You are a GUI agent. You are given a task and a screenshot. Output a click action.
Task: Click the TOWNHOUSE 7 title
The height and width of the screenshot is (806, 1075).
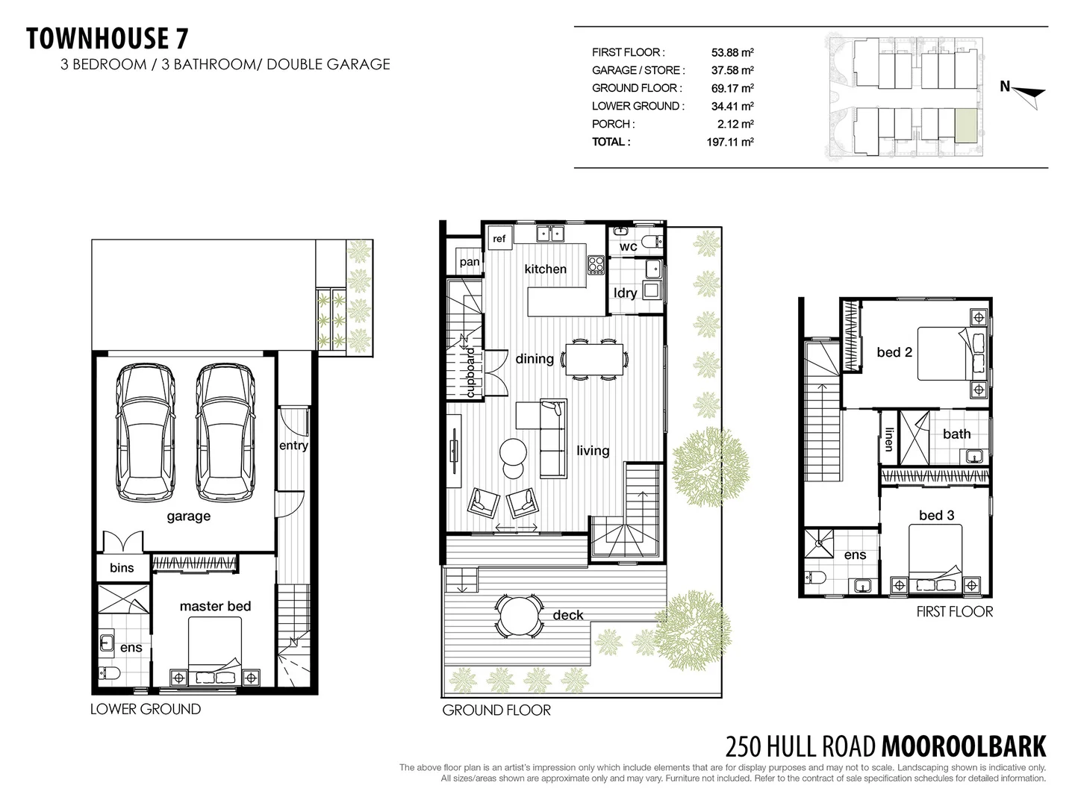(x=107, y=39)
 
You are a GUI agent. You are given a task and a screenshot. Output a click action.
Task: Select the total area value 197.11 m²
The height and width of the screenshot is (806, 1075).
(x=729, y=142)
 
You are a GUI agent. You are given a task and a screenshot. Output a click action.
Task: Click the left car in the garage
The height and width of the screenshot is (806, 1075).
(x=146, y=433)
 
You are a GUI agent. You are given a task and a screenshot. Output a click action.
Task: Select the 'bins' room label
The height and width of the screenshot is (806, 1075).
(x=122, y=568)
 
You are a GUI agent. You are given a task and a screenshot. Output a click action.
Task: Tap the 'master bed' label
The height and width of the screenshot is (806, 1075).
(x=215, y=606)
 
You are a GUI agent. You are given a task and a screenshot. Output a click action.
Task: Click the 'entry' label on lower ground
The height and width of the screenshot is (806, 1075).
(x=293, y=446)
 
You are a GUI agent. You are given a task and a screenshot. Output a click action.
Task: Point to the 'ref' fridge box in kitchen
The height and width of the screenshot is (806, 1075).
(x=499, y=239)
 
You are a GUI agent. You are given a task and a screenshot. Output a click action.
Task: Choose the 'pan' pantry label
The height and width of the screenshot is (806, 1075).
(x=470, y=262)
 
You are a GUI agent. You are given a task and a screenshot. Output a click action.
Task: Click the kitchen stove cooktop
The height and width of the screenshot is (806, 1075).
(x=596, y=264)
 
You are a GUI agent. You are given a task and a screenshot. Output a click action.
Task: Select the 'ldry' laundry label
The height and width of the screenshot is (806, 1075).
(x=625, y=293)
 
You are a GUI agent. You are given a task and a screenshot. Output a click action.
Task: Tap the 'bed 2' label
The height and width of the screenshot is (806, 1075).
(x=894, y=352)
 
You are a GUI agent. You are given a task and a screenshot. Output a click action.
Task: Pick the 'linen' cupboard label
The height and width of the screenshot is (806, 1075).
(x=888, y=439)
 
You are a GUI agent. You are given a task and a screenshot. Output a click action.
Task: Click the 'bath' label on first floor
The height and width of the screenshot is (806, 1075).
(x=956, y=434)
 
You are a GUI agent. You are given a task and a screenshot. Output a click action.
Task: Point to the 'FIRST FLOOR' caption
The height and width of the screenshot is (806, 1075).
(x=954, y=612)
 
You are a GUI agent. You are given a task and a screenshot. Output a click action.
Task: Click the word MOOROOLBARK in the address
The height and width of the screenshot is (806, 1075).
(x=964, y=746)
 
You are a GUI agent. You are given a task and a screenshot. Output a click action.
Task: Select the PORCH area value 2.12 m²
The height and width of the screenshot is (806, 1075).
(x=735, y=124)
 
